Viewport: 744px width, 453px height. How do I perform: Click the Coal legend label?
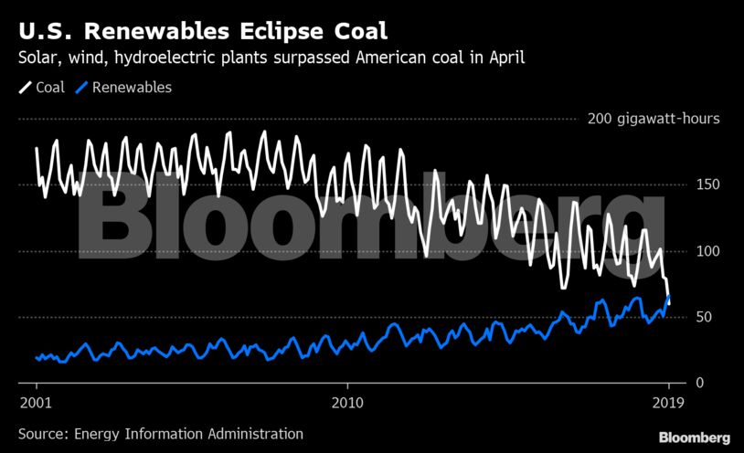[49, 88]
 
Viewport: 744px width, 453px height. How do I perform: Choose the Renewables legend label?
[132, 88]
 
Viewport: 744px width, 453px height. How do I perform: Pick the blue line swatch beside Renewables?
[81, 88]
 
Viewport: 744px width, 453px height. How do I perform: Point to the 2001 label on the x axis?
[36, 403]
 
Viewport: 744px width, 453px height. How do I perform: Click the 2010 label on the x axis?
[347, 403]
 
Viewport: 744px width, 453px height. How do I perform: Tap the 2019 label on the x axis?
[668, 403]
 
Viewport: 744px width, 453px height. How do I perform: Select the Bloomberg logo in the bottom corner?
[694, 437]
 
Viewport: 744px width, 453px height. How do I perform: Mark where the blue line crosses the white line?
[668, 298]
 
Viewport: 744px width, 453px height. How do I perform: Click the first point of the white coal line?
[37, 148]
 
